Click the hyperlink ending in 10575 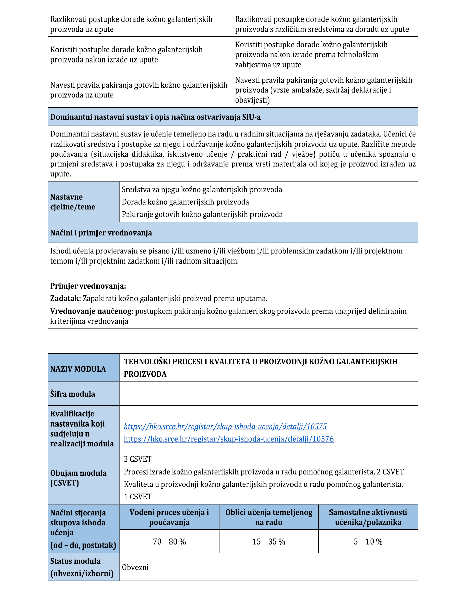coord(225,426)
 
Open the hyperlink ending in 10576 coord(229,439)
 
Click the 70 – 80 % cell coord(169,541)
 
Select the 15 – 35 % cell coord(269,541)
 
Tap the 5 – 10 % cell coord(368,541)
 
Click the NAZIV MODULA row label coord(78,369)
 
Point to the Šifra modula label coord(73,394)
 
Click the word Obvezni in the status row coord(135,567)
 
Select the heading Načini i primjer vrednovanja coord(101,233)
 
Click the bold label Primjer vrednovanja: coord(88,286)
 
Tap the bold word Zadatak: coord(66,298)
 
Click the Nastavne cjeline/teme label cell coord(73,202)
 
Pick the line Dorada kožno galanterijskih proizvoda coord(185,202)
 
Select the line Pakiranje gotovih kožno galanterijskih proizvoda coord(202,214)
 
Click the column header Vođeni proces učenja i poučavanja coord(169,517)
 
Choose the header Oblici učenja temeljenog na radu coord(269,517)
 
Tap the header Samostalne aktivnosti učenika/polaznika coord(368,517)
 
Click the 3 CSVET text coord(138,459)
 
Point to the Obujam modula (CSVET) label coord(78,478)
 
